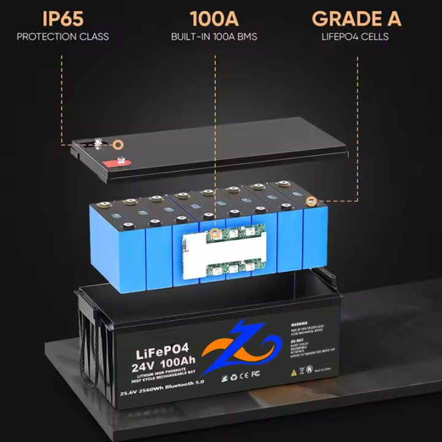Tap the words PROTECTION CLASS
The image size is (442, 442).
point(63,37)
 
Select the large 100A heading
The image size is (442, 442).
point(214,18)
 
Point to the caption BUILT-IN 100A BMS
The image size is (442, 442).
point(214,37)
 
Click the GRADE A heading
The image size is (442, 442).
point(356,18)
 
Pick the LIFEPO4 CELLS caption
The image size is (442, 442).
point(355,37)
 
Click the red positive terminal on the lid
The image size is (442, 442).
point(113,163)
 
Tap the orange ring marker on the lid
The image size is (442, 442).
point(118,145)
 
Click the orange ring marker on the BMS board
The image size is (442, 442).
point(215,233)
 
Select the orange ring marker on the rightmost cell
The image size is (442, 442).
point(311,201)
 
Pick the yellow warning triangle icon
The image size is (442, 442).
point(294,372)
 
